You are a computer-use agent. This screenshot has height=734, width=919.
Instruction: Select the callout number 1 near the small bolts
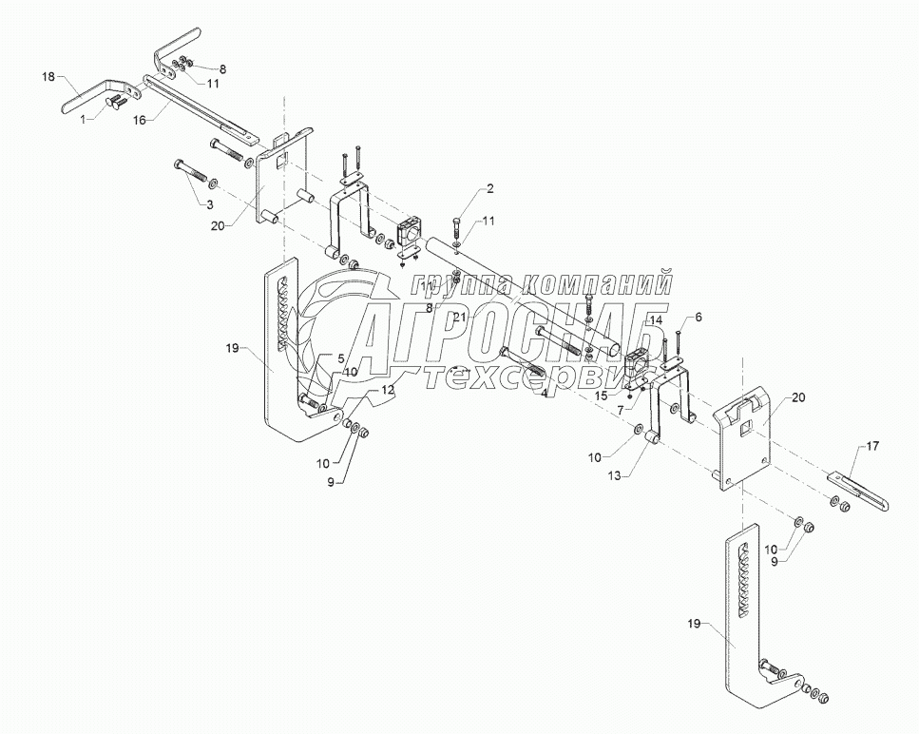83,119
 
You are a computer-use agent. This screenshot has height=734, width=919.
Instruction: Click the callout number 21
459,317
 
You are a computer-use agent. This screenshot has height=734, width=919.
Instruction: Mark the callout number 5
339,358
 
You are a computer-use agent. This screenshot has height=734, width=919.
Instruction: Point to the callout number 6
699,317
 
